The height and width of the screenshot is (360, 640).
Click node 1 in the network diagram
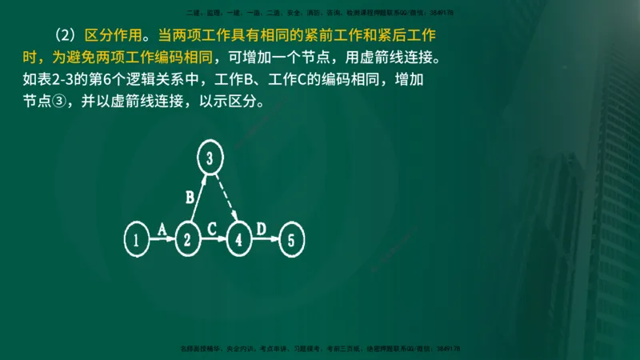tap(138, 238)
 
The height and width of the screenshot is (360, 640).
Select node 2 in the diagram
tap(188, 238)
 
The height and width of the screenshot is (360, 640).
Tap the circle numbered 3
tap(209, 158)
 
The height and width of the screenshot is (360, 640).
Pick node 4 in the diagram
tap(239, 238)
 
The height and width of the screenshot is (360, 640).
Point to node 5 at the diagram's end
tap(292, 238)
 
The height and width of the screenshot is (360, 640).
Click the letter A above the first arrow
tap(161, 230)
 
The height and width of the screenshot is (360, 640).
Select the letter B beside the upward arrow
tap(190, 197)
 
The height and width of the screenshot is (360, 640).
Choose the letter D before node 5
tap(261, 229)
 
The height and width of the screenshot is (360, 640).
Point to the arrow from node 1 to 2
tap(162, 239)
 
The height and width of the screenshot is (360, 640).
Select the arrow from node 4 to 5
tap(266, 239)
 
